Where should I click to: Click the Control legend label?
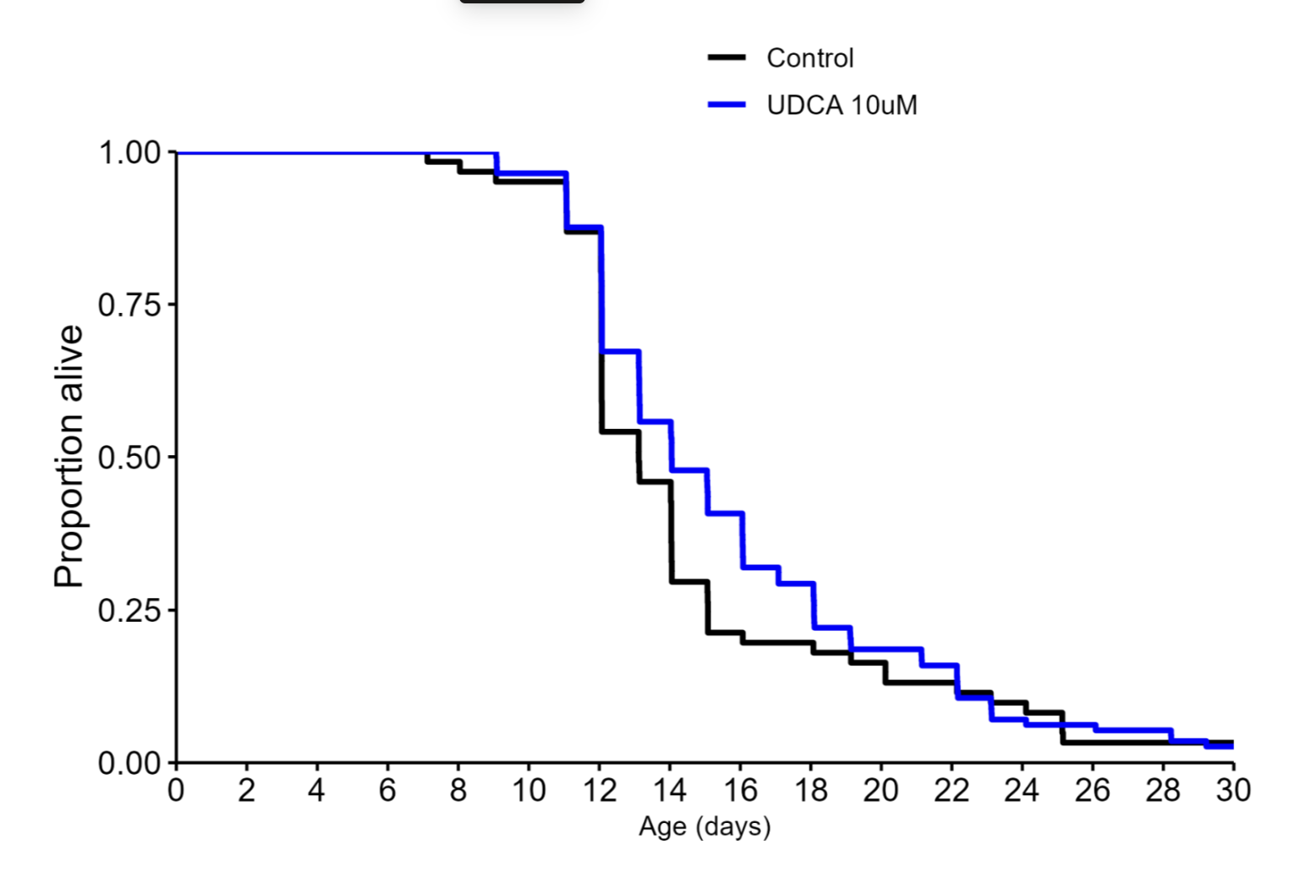point(809,58)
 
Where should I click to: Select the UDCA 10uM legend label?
point(842,105)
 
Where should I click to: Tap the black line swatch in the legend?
point(727,58)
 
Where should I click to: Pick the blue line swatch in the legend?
point(727,105)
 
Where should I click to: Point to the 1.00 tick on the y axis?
point(129,153)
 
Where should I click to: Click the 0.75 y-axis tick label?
point(129,305)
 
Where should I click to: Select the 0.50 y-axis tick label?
point(129,458)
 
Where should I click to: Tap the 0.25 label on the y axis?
point(129,610)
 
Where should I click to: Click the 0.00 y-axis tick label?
point(129,763)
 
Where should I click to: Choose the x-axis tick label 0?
point(176,791)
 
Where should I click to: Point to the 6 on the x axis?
point(387,791)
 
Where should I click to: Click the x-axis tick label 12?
point(599,791)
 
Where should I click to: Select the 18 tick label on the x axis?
point(810,791)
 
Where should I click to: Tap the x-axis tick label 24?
point(1022,791)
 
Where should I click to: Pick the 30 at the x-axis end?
point(1232,791)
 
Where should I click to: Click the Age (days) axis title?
point(705,826)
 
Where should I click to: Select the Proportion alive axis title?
point(69,457)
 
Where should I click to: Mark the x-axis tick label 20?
point(880,791)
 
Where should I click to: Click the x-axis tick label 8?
point(458,791)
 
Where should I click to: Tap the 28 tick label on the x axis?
point(1162,791)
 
